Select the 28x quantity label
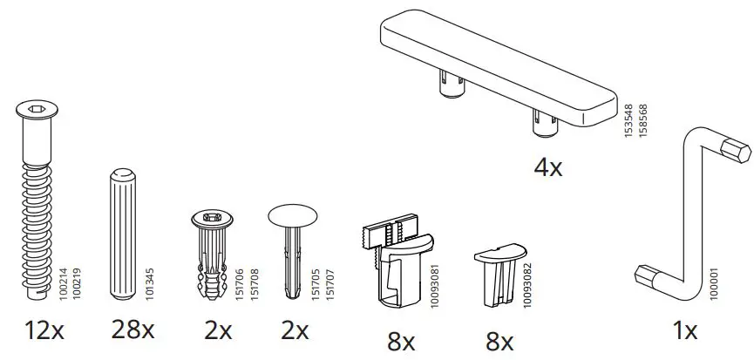132,331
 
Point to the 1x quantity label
684,331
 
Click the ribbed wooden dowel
121,231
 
